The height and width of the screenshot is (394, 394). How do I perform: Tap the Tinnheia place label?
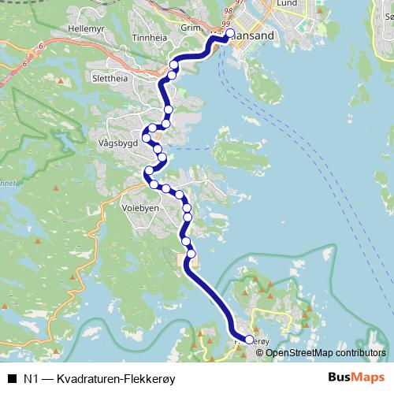[x=150, y=37]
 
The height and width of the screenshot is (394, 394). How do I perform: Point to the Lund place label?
[x=286, y=4]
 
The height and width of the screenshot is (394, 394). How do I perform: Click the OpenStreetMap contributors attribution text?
[x=325, y=353]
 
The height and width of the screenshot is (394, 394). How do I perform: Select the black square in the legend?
[x=12, y=378]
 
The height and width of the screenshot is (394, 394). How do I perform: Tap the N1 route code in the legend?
[x=32, y=378]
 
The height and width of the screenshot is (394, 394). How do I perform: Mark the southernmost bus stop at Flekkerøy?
[x=250, y=340]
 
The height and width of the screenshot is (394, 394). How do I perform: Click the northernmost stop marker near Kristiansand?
[x=230, y=33]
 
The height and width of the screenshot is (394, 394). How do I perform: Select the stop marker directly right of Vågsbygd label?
[x=147, y=139]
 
